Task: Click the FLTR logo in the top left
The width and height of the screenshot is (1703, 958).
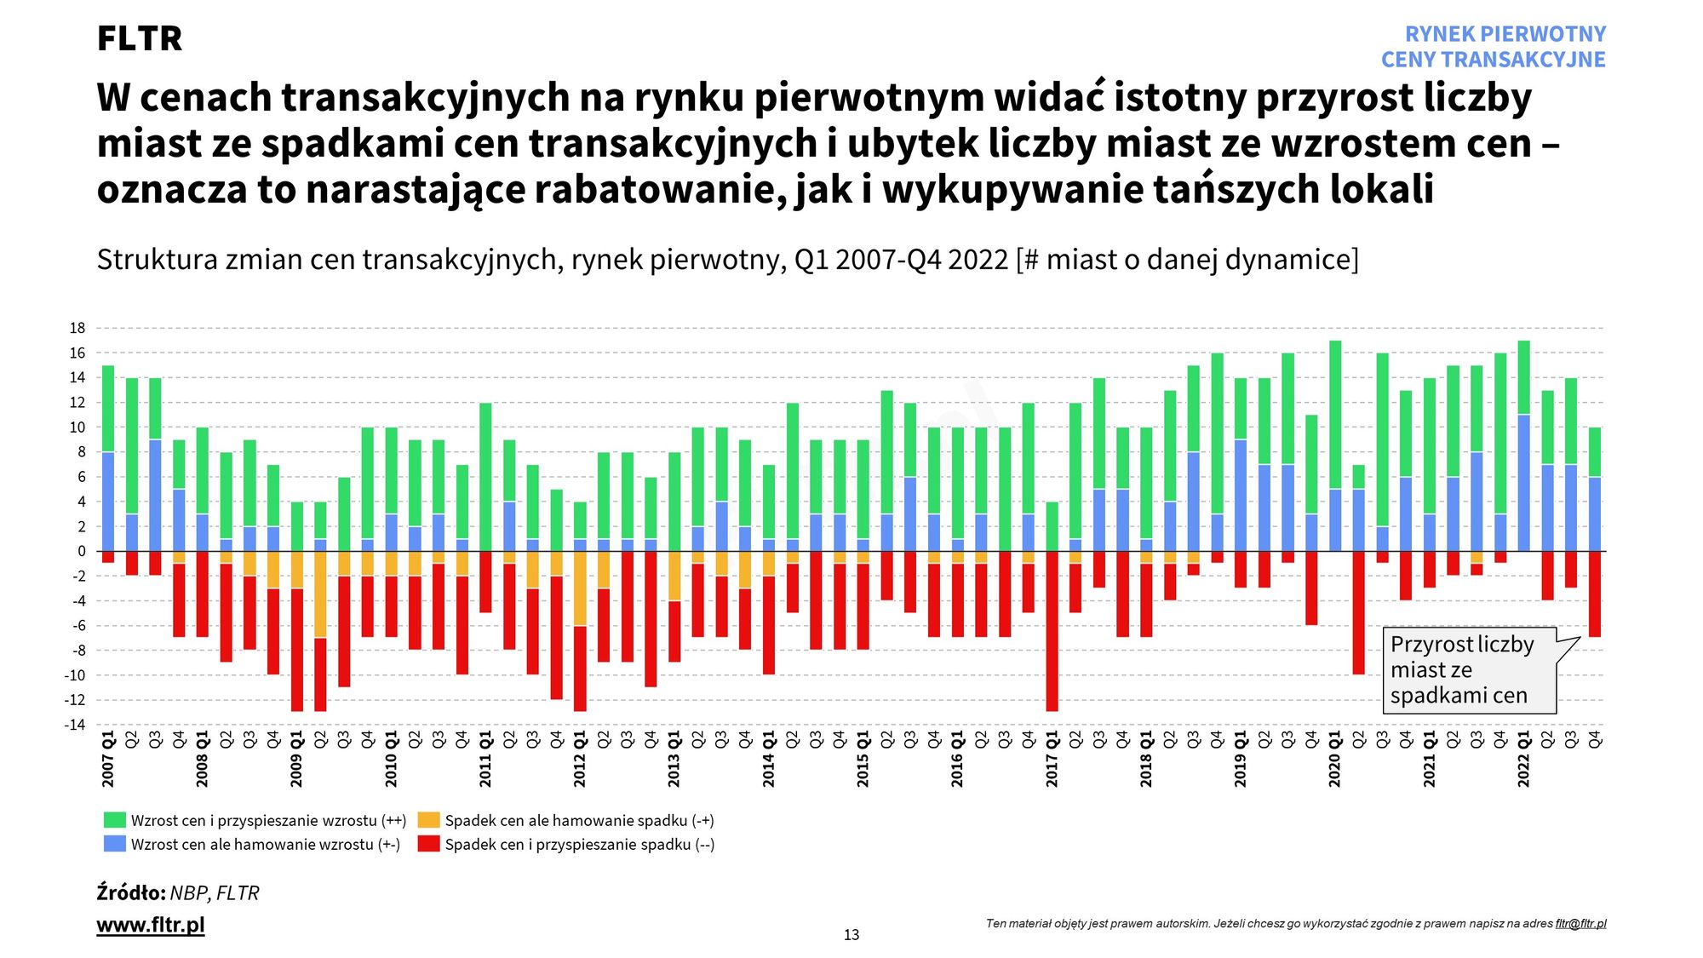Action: tap(139, 39)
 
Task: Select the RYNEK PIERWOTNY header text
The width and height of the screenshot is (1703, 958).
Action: tap(1505, 34)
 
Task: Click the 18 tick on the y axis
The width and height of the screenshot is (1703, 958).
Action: tap(77, 328)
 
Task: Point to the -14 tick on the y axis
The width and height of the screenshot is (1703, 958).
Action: tap(75, 725)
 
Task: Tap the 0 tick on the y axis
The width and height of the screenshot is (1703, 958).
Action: tap(82, 551)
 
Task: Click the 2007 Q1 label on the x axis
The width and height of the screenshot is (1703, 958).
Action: tap(108, 758)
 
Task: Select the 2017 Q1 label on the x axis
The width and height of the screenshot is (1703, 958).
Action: tap(1052, 758)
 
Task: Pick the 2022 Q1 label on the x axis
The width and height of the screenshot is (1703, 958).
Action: tap(1524, 758)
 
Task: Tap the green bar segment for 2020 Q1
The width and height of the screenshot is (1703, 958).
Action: tap(1335, 415)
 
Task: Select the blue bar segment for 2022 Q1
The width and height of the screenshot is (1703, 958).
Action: tap(1524, 483)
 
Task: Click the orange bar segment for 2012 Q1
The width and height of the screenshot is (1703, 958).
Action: tap(580, 588)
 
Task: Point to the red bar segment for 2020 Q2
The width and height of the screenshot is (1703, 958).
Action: tap(1359, 613)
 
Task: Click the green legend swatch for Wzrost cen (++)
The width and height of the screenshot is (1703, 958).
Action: tap(114, 820)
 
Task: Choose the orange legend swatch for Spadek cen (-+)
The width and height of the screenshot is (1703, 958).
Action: tap(429, 820)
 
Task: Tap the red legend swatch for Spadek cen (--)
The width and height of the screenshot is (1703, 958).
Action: tap(429, 844)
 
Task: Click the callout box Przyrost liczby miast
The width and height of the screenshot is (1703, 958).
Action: tap(1470, 670)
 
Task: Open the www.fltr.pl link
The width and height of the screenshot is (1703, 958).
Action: tap(151, 925)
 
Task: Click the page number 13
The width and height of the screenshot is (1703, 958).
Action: tap(851, 935)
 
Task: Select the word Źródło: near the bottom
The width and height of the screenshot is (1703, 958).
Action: tap(131, 892)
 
